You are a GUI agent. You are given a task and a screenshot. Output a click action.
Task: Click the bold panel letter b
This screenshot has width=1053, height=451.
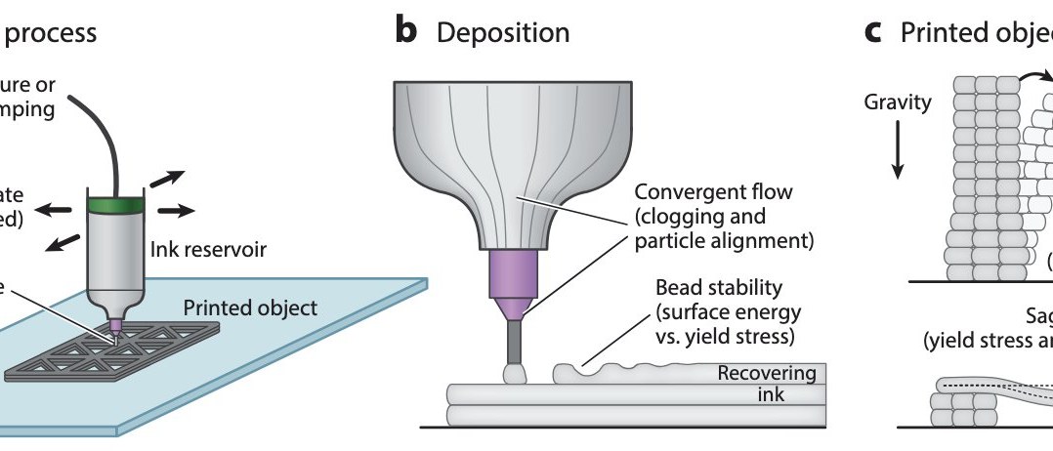coord(405,31)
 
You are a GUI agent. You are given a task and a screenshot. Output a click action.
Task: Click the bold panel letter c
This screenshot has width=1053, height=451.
coord(873,31)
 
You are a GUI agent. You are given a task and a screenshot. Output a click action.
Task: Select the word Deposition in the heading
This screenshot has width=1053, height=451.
coord(503,32)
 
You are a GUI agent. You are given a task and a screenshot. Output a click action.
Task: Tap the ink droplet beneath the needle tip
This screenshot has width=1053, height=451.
coord(513,373)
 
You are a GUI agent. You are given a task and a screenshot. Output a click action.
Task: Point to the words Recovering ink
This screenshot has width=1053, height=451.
coord(766,384)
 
